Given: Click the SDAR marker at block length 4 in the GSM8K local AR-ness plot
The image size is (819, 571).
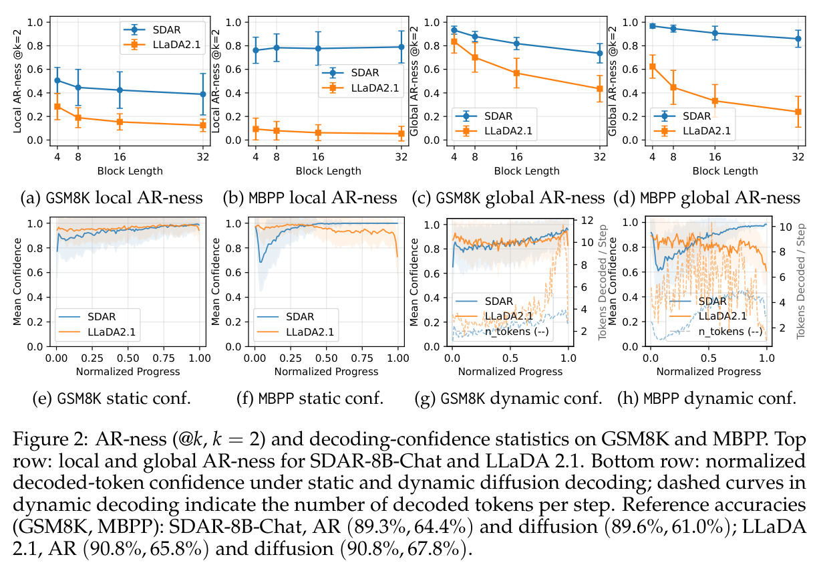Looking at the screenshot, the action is (x=57, y=80).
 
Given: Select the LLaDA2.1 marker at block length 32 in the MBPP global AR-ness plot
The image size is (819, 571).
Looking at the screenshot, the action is (x=798, y=112).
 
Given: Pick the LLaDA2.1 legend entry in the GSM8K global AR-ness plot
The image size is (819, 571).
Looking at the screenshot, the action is (x=494, y=130).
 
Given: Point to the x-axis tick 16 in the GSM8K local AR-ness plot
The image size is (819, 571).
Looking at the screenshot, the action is (x=120, y=157).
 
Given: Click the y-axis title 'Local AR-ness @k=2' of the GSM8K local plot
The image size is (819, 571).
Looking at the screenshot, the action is (x=17, y=82).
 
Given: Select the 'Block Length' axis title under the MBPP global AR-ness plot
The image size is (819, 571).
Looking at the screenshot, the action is (x=725, y=171).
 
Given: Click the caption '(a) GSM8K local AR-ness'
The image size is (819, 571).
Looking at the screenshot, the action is (x=112, y=198).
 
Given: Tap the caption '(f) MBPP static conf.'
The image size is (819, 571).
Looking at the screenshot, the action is (x=310, y=398).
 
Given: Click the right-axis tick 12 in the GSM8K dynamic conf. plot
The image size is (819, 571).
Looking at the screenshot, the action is (x=587, y=221).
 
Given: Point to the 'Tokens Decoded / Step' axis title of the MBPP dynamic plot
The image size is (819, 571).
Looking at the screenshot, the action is (x=801, y=281).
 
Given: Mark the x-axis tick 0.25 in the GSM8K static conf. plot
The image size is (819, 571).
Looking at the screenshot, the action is (x=92, y=358).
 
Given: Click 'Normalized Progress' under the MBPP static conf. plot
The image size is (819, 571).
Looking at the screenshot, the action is (x=327, y=372).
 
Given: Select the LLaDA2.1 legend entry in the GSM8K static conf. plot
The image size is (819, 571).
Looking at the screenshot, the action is (x=98, y=332).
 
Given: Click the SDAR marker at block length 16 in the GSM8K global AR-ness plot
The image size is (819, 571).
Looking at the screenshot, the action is (x=516, y=43).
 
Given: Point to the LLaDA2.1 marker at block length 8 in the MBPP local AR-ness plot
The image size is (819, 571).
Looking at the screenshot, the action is (x=277, y=130).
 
